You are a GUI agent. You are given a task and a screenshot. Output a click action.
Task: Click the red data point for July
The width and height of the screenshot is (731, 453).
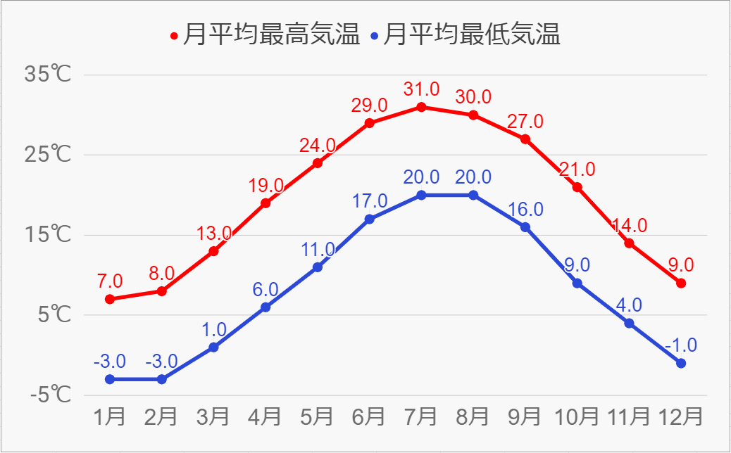421,107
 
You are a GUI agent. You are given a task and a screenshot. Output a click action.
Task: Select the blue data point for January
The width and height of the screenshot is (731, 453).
109,379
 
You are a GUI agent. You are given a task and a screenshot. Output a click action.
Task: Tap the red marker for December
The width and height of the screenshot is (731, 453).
681,283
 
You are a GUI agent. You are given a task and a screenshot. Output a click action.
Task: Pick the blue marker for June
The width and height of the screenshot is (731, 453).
369,219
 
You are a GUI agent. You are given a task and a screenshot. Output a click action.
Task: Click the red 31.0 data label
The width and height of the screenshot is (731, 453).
421,89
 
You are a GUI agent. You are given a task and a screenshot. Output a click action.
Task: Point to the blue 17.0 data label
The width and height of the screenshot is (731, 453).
369,201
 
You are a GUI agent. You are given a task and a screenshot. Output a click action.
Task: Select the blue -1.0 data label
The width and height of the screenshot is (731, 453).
680,345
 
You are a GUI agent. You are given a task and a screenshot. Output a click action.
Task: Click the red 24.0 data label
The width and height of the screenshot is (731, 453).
318,146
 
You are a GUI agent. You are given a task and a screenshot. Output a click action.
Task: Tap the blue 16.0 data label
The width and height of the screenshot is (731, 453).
525,210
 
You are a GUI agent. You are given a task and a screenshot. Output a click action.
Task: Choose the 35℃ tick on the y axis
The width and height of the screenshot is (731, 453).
47,75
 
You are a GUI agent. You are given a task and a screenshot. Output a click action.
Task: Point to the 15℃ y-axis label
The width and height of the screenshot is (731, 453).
47,235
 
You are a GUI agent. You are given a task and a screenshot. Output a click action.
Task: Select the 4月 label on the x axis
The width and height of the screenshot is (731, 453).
265,416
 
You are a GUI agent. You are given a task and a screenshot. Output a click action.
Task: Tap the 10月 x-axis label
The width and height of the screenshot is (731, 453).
577,416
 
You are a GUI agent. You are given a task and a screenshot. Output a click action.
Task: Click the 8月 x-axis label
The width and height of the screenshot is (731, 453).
473,416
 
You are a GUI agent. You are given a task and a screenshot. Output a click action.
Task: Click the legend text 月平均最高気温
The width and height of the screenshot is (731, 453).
270,34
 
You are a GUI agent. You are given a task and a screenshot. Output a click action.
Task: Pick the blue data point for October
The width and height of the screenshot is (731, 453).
577,283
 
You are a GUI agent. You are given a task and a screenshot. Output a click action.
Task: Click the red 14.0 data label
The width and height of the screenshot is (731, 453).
630,226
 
